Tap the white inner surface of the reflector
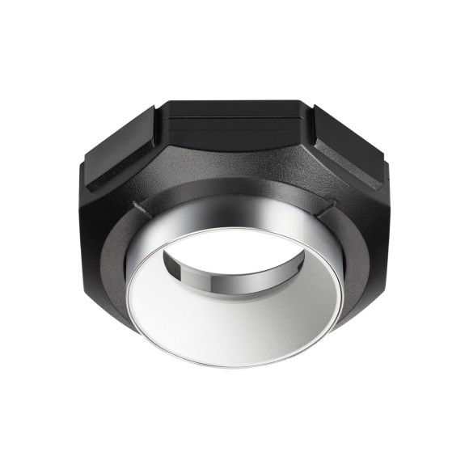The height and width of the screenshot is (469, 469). click(x=234, y=323)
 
